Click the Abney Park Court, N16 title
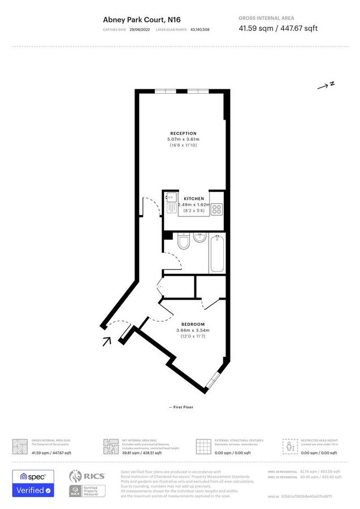pyautogui.click(x=138, y=19)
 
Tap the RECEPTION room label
pyautogui.click(x=184, y=133)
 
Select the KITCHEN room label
pyautogui.click(x=194, y=199)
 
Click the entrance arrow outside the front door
pyautogui.click(x=107, y=341)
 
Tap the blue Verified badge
pyautogui.click(x=33, y=490)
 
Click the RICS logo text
pyautogui.click(x=94, y=476)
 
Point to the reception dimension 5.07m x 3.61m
pyautogui.click(x=184, y=139)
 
